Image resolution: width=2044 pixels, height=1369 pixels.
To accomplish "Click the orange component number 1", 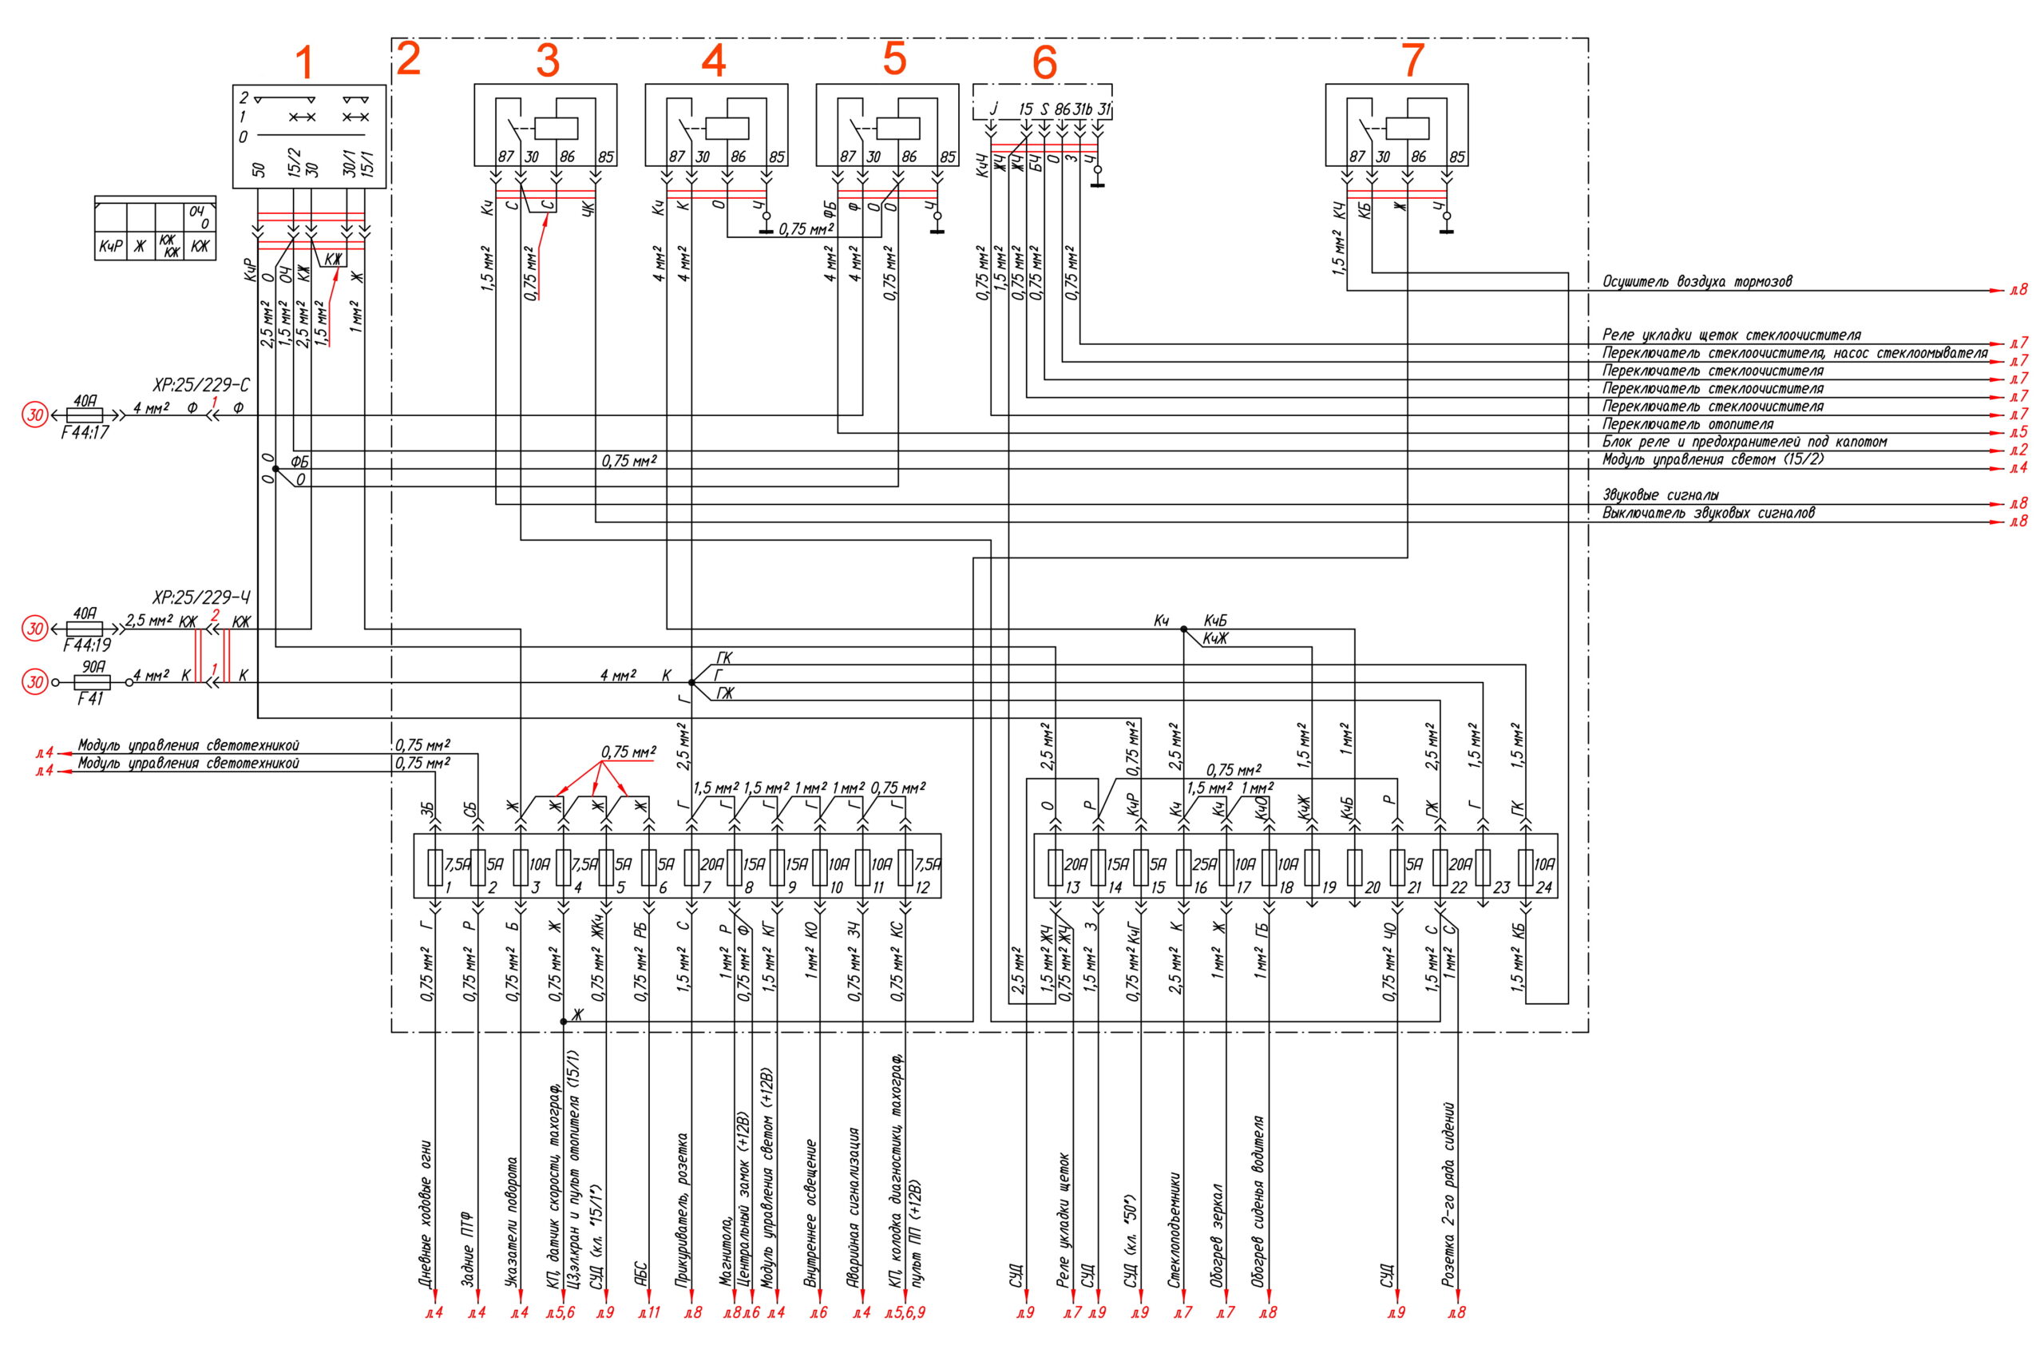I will (x=303, y=63).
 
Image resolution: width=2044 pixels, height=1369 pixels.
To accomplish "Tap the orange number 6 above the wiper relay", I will (x=1044, y=63).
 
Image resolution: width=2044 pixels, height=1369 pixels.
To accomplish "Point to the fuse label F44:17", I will (x=85, y=431).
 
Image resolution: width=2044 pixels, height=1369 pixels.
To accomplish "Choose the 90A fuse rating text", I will (x=93, y=666).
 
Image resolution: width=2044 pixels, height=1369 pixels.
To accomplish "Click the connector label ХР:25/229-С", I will (x=202, y=386).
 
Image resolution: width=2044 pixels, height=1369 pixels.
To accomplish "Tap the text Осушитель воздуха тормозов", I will (x=1697, y=282).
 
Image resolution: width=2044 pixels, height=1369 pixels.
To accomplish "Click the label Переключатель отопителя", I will (x=1687, y=424).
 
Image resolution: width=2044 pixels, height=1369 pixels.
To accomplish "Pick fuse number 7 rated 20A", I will (x=691, y=866).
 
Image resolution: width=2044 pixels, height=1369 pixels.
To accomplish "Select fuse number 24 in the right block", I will (x=1526, y=866).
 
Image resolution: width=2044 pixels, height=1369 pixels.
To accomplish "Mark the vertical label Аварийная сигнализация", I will (x=854, y=1209).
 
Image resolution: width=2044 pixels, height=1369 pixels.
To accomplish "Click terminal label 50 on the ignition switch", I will (x=259, y=169).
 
